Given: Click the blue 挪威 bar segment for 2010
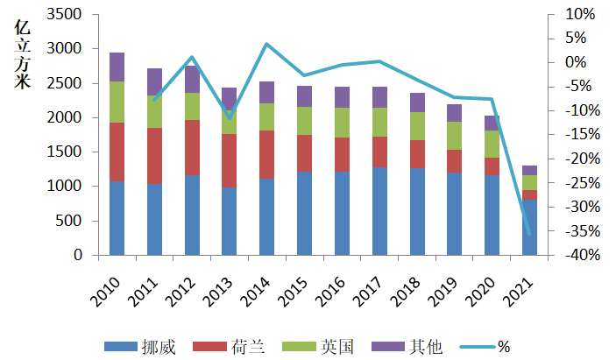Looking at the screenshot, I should [117, 218].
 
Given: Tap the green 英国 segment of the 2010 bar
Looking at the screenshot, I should [117, 102].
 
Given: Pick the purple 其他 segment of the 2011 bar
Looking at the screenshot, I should [154, 81].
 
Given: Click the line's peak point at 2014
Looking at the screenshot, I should [266, 44].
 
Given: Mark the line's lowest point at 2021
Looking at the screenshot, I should [529, 234].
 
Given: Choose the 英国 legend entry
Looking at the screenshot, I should [319, 347].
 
